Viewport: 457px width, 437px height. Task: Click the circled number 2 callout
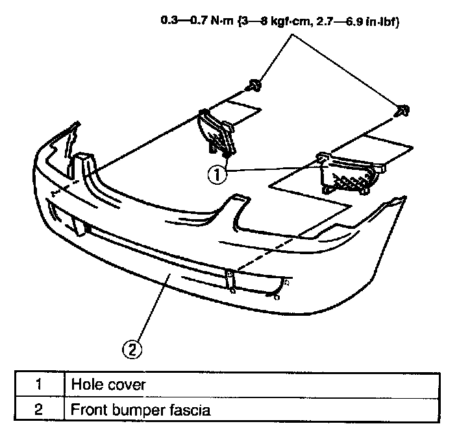point(132,349)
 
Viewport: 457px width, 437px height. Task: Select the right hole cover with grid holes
point(350,171)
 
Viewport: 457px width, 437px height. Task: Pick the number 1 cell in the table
point(38,384)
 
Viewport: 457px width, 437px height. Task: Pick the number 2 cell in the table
point(38,409)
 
